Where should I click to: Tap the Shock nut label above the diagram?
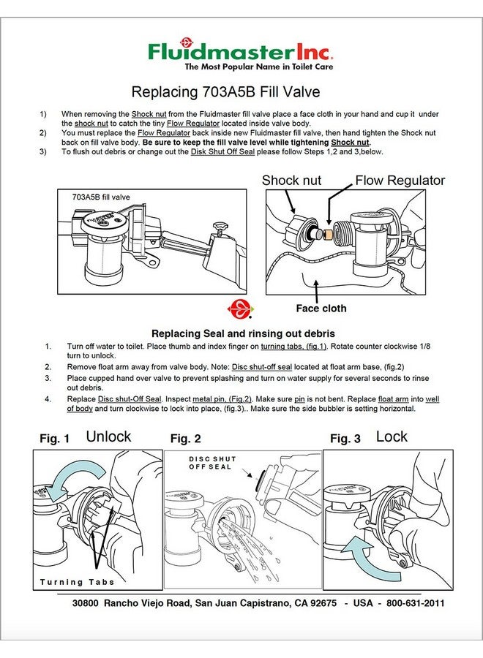point(291,180)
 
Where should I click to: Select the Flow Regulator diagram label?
point(400,180)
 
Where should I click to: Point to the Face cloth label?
point(321,309)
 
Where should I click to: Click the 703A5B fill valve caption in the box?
point(101,197)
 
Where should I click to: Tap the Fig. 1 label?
point(55,439)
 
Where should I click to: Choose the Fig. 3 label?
point(345,439)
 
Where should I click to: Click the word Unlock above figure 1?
point(108,436)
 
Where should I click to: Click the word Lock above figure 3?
point(392,436)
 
